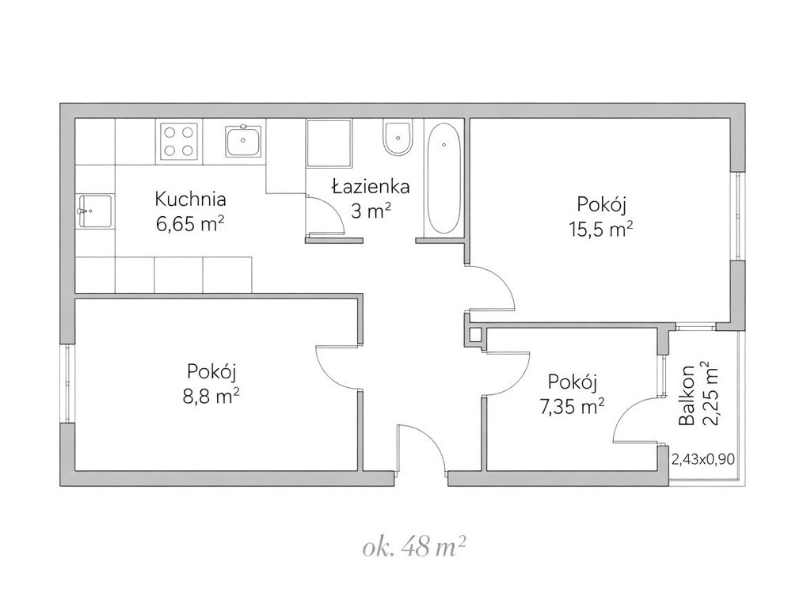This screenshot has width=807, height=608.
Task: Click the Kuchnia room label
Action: click(190, 199)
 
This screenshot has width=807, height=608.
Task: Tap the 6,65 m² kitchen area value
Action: click(190, 224)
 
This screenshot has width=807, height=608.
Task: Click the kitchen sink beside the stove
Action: click(243, 142)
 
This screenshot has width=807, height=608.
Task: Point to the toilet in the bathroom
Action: click(398, 137)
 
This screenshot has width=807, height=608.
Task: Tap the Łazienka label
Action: click(371, 186)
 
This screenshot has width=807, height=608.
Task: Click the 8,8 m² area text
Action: click(211, 396)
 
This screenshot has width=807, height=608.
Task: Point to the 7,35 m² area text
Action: click(572, 407)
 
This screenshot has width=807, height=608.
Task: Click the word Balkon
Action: click(687, 395)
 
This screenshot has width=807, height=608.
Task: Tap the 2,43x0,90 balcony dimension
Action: click(703, 459)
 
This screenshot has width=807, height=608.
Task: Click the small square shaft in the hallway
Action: click(475, 336)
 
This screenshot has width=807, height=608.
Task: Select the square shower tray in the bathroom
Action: click(329, 143)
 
